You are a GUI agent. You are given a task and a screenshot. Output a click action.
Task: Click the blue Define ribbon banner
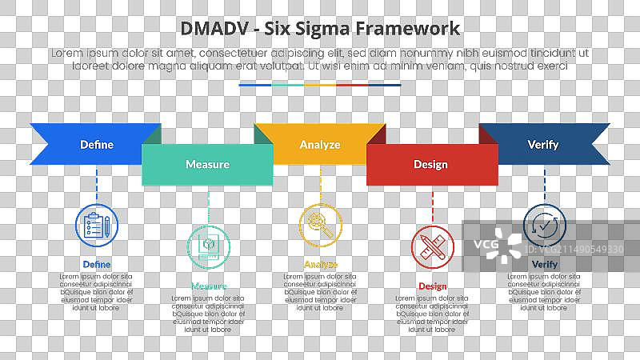pos(96,145)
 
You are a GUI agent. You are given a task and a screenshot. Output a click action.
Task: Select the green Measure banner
pos(207,164)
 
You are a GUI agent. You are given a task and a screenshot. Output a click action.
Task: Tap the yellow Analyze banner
pos(320,145)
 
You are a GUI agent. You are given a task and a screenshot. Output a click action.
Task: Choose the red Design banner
pos(430,165)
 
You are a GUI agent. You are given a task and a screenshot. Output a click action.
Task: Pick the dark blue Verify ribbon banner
pos(543,145)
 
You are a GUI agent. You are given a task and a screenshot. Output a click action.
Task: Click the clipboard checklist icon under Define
pos(96,225)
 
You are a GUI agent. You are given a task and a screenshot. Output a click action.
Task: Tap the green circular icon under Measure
pos(208,245)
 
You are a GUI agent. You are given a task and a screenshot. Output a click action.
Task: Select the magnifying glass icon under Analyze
pos(320,225)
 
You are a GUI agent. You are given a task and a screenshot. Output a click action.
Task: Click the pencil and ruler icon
pos(432,245)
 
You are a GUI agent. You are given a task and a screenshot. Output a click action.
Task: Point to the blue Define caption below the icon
pos(96,264)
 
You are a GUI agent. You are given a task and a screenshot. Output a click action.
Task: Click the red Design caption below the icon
pos(432,286)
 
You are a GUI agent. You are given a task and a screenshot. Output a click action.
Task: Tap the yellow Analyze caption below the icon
pos(320,264)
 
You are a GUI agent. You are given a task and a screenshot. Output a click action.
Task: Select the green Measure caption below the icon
pos(208,286)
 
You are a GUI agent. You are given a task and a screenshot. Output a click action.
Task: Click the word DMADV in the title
pos(210,29)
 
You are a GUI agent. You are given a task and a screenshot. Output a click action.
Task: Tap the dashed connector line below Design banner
pos(432,203)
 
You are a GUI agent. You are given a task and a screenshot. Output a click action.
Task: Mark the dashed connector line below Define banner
pos(96,183)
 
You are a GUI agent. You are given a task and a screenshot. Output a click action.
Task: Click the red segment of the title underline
pos(352,84)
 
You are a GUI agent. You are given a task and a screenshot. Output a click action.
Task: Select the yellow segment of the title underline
pos(320,84)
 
